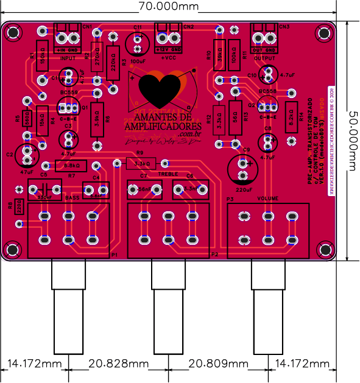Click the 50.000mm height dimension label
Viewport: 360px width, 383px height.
tap(351, 139)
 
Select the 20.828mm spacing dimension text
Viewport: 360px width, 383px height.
tap(119, 364)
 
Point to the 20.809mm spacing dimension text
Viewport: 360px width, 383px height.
tap(219, 364)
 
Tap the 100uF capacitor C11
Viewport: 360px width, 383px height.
tap(138, 43)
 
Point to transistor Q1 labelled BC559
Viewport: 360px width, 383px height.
tap(68, 107)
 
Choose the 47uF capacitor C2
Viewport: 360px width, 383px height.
tap(28, 153)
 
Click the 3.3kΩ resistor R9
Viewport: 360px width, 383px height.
tap(141, 163)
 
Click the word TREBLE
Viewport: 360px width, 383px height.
tap(168, 174)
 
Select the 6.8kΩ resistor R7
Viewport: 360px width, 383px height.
tap(70, 166)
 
